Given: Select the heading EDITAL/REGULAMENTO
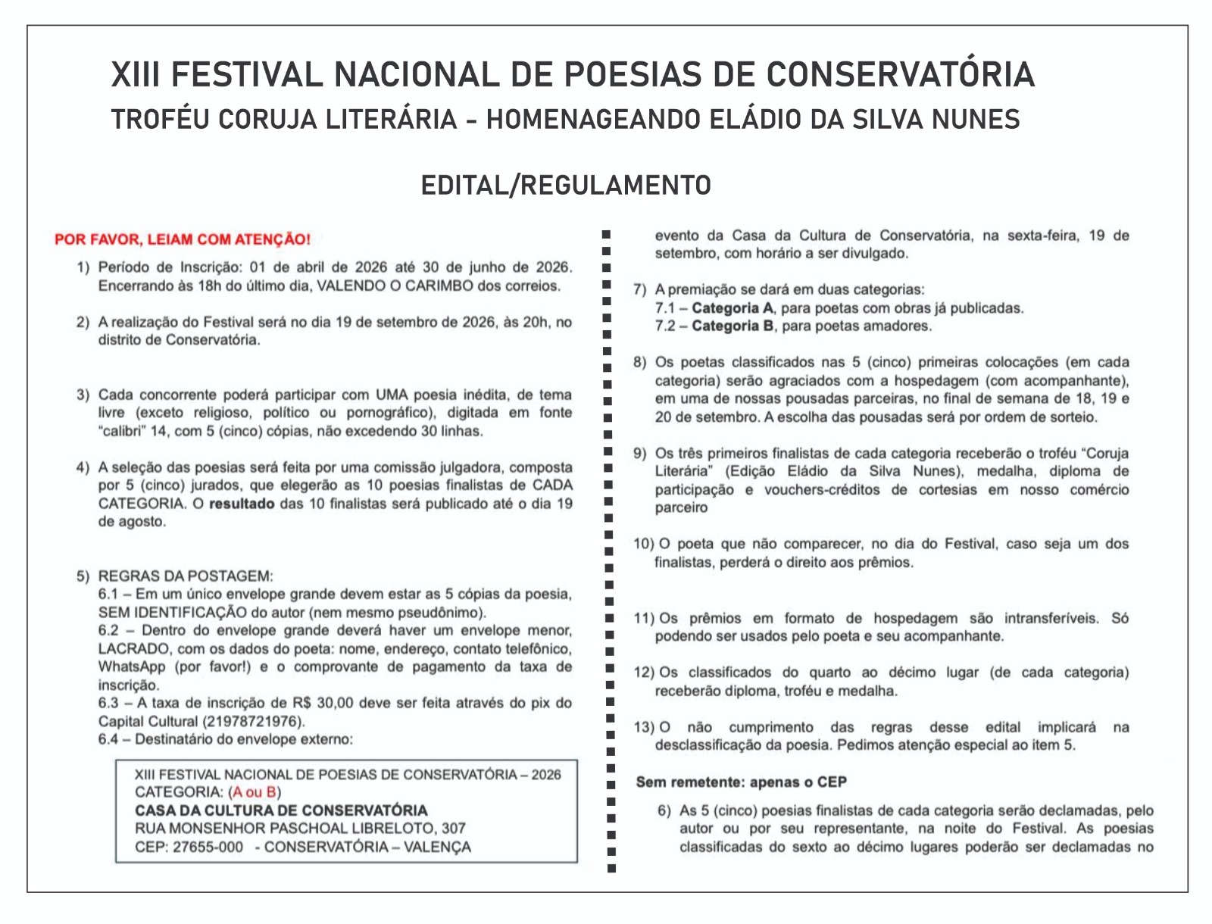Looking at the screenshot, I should pos(566,185).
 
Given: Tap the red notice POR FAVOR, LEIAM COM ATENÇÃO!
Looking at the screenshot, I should pos(183,239).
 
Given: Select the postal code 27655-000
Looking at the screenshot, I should pos(208,847).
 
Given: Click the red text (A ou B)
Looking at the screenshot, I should pos(255,792).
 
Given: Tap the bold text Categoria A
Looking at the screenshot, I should pos(733,308).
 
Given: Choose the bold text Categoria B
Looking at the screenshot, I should pos(733,326).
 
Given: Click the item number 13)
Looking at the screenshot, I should pos(644,727).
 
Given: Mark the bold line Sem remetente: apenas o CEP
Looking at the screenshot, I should pos(741,782).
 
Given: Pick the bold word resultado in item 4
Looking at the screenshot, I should pos(242,504).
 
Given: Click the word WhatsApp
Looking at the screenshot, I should pos(132,667).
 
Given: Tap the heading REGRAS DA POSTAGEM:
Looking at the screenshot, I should pos(186,576).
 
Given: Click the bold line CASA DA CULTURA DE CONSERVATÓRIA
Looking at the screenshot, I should pos(281,810).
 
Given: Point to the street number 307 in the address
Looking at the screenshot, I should pos(454,829).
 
